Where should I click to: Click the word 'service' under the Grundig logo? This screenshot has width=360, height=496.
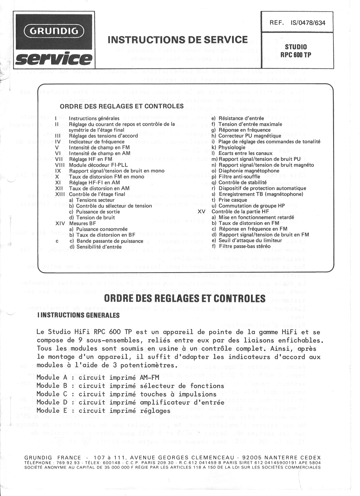(x=54, y=59)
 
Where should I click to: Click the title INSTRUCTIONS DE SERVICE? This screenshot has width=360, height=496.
(x=178, y=40)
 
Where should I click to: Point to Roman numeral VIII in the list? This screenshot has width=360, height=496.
(x=60, y=165)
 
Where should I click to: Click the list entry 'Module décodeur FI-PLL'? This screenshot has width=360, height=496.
(x=98, y=165)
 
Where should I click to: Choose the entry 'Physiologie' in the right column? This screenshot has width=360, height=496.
(x=232, y=148)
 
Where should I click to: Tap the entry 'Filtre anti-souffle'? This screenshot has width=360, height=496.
(x=239, y=177)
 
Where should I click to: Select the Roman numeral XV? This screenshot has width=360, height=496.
(x=202, y=212)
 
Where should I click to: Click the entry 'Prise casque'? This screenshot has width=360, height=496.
(x=233, y=200)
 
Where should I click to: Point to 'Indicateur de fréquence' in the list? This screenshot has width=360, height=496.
(x=97, y=142)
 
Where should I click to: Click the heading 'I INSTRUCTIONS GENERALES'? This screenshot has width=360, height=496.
(x=78, y=315)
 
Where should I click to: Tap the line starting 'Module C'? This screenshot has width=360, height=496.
(x=126, y=394)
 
